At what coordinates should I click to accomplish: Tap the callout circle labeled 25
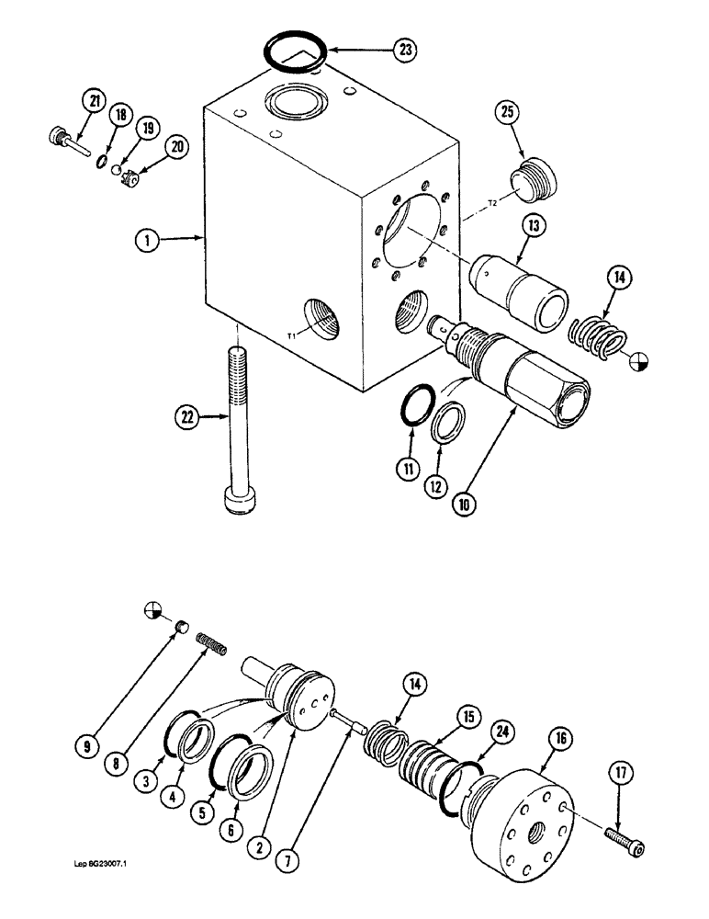coord(507,113)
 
